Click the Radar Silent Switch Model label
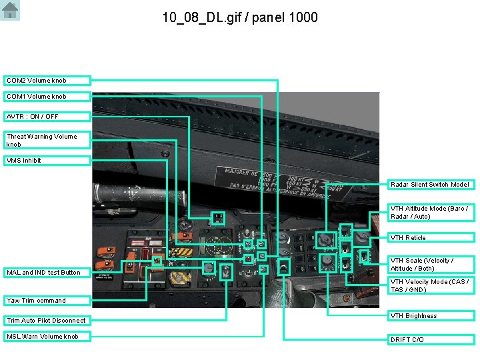tap(430, 185)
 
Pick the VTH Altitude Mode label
tap(430, 213)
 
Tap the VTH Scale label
tap(430, 264)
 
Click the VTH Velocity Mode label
tap(430, 286)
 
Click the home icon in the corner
tap(11, 11)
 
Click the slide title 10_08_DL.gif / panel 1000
tap(240, 17)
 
